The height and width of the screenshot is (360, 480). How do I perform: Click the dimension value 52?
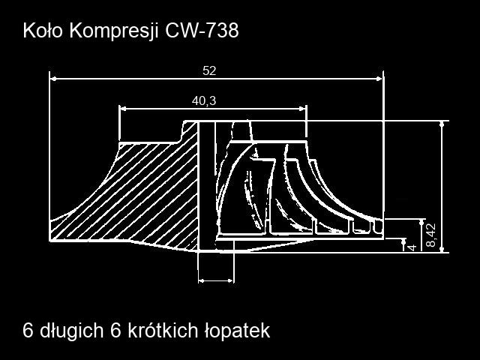[x=209, y=71]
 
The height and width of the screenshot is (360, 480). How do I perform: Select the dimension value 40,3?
[x=204, y=100]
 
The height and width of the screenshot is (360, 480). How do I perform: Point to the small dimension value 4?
[x=413, y=247]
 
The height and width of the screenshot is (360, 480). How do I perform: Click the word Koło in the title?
[x=43, y=31]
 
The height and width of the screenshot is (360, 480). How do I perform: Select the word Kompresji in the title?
[x=114, y=31]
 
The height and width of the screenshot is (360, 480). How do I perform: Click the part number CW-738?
[x=202, y=31]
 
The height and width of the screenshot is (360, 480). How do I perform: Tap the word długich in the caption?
[x=72, y=331]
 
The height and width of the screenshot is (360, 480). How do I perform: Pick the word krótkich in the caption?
[x=163, y=330]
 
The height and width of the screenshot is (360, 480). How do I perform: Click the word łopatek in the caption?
[x=238, y=331]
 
